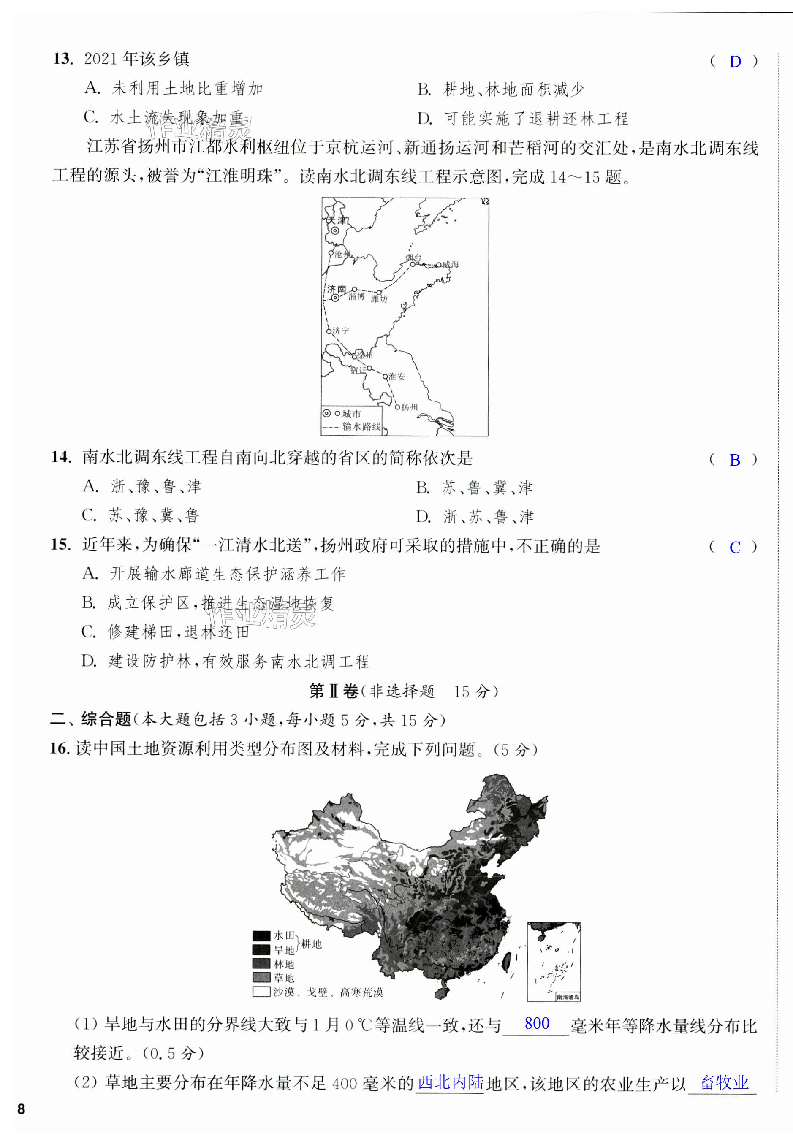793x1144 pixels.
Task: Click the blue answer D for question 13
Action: coord(735,62)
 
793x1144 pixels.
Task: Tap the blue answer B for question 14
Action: coord(735,460)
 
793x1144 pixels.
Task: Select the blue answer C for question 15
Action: coord(735,548)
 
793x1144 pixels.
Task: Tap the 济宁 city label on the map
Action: coord(340,331)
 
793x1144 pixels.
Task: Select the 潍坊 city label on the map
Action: coord(379,299)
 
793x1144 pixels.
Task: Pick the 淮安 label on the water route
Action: coord(396,377)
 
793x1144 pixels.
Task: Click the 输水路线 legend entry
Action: coord(361,426)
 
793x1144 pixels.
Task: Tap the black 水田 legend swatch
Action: coord(261,936)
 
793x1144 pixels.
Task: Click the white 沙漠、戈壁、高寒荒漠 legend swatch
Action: coord(261,992)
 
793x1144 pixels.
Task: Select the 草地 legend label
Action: coord(284,978)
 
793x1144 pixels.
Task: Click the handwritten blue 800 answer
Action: coord(537,1023)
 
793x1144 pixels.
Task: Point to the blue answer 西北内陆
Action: coord(450,1082)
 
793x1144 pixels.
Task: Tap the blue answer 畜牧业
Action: coord(724,1082)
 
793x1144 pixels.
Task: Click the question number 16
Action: coord(59,748)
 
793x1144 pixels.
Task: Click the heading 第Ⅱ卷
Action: coord(334,691)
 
